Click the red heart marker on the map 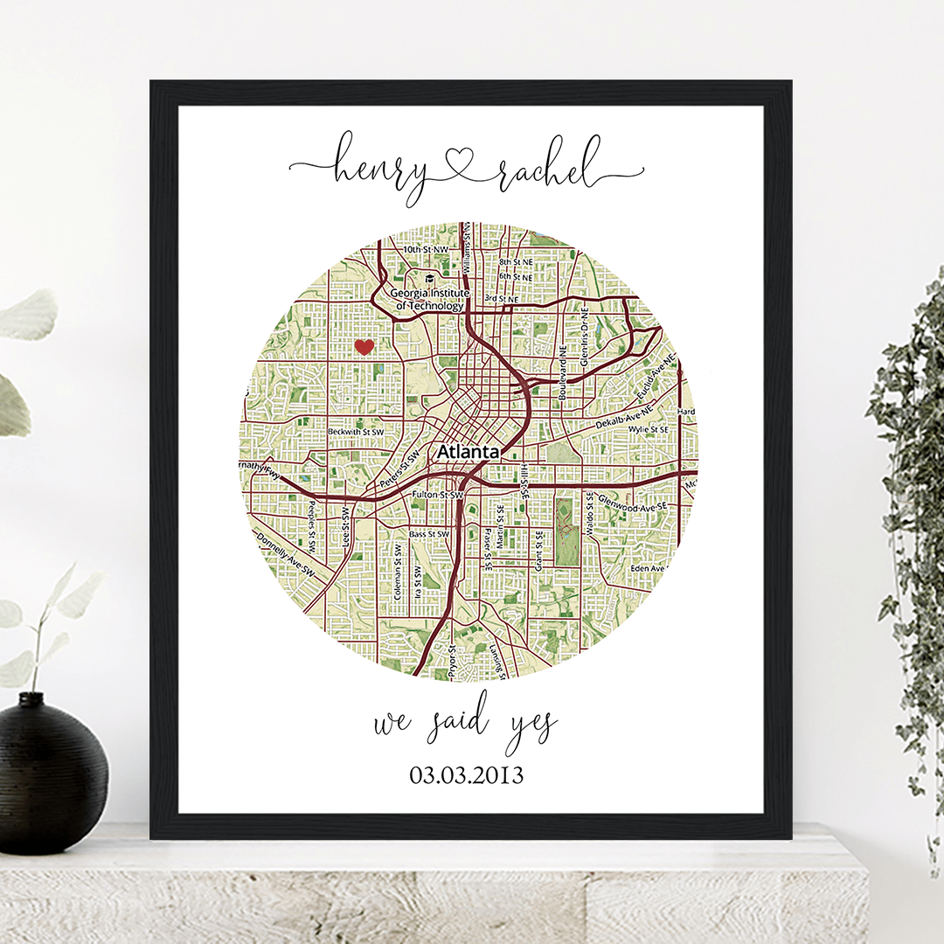tap(364, 347)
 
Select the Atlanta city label tap(469, 452)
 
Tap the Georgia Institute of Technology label tap(430, 300)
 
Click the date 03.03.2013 tap(466, 774)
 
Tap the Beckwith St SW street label tap(356, 432)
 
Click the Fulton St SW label tap(436, 496)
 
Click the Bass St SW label tap(429, 533)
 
